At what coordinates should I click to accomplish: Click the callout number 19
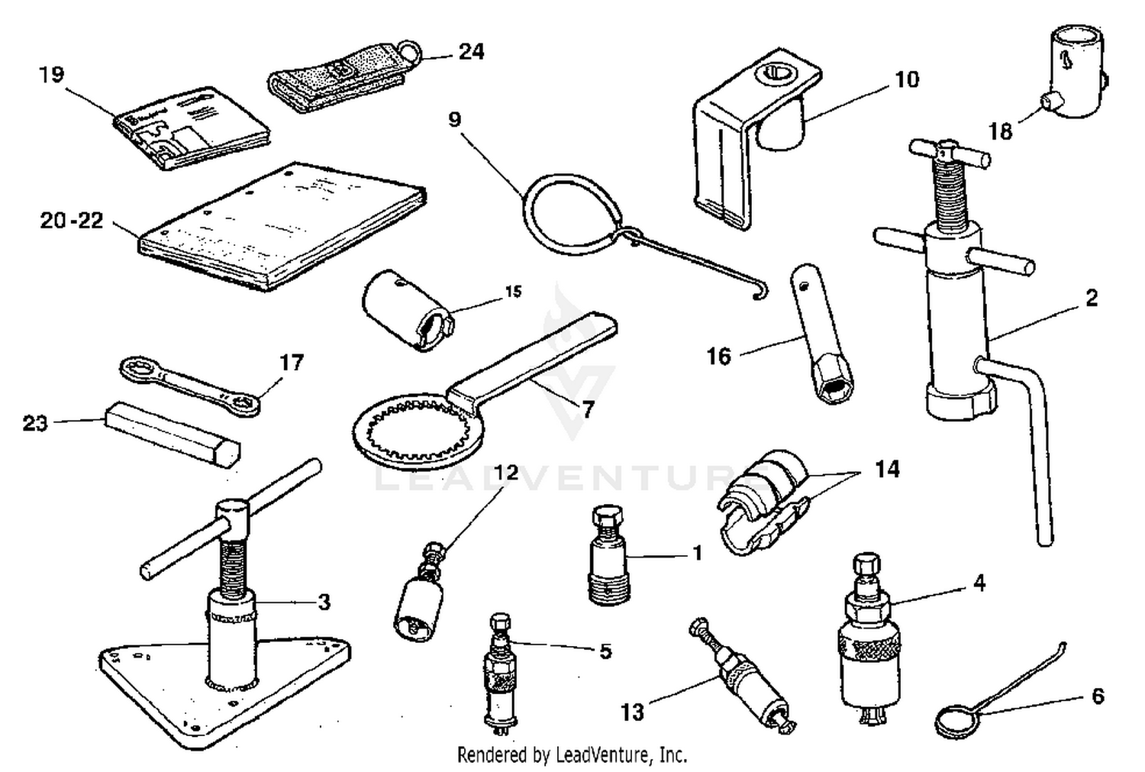coord(52,75)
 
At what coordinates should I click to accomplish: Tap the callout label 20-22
coord(71,221)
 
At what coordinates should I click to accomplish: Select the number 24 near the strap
coord(471,51)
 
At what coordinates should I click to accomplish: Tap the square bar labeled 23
coord(171,434)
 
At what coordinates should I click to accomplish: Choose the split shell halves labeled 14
coord(763,500)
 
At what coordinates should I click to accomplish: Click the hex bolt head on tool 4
coord(866,566)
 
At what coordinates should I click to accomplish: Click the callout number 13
coord(632,712)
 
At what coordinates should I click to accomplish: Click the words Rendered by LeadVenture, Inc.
coord(572,755)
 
